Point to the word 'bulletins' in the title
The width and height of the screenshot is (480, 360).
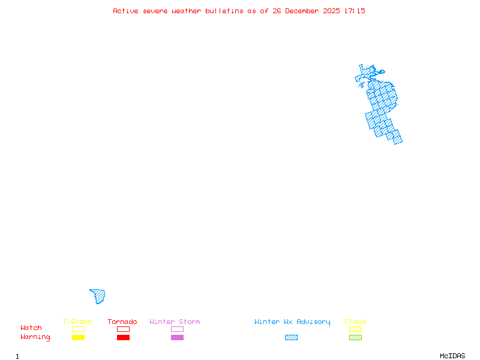[224, 11]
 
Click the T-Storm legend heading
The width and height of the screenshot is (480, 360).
[77, 322]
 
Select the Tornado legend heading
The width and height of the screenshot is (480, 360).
[122, 322]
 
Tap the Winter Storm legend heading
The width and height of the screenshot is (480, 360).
[175, 322]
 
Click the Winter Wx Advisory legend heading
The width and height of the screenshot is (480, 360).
[292, 322]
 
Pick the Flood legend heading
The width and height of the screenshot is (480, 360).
[355, 322]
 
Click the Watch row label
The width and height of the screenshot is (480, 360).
[31, 328]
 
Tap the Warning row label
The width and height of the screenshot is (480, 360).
[35, 337]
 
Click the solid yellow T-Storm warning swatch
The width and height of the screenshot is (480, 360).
[78, 338]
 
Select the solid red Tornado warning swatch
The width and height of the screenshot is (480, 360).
[123, 338]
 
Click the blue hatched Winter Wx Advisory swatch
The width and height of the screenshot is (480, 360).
[291, 338]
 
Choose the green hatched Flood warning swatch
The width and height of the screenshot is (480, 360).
[355, 338]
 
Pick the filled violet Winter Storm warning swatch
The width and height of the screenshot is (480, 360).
[177, 338]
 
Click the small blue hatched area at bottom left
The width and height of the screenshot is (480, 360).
[99, 296]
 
